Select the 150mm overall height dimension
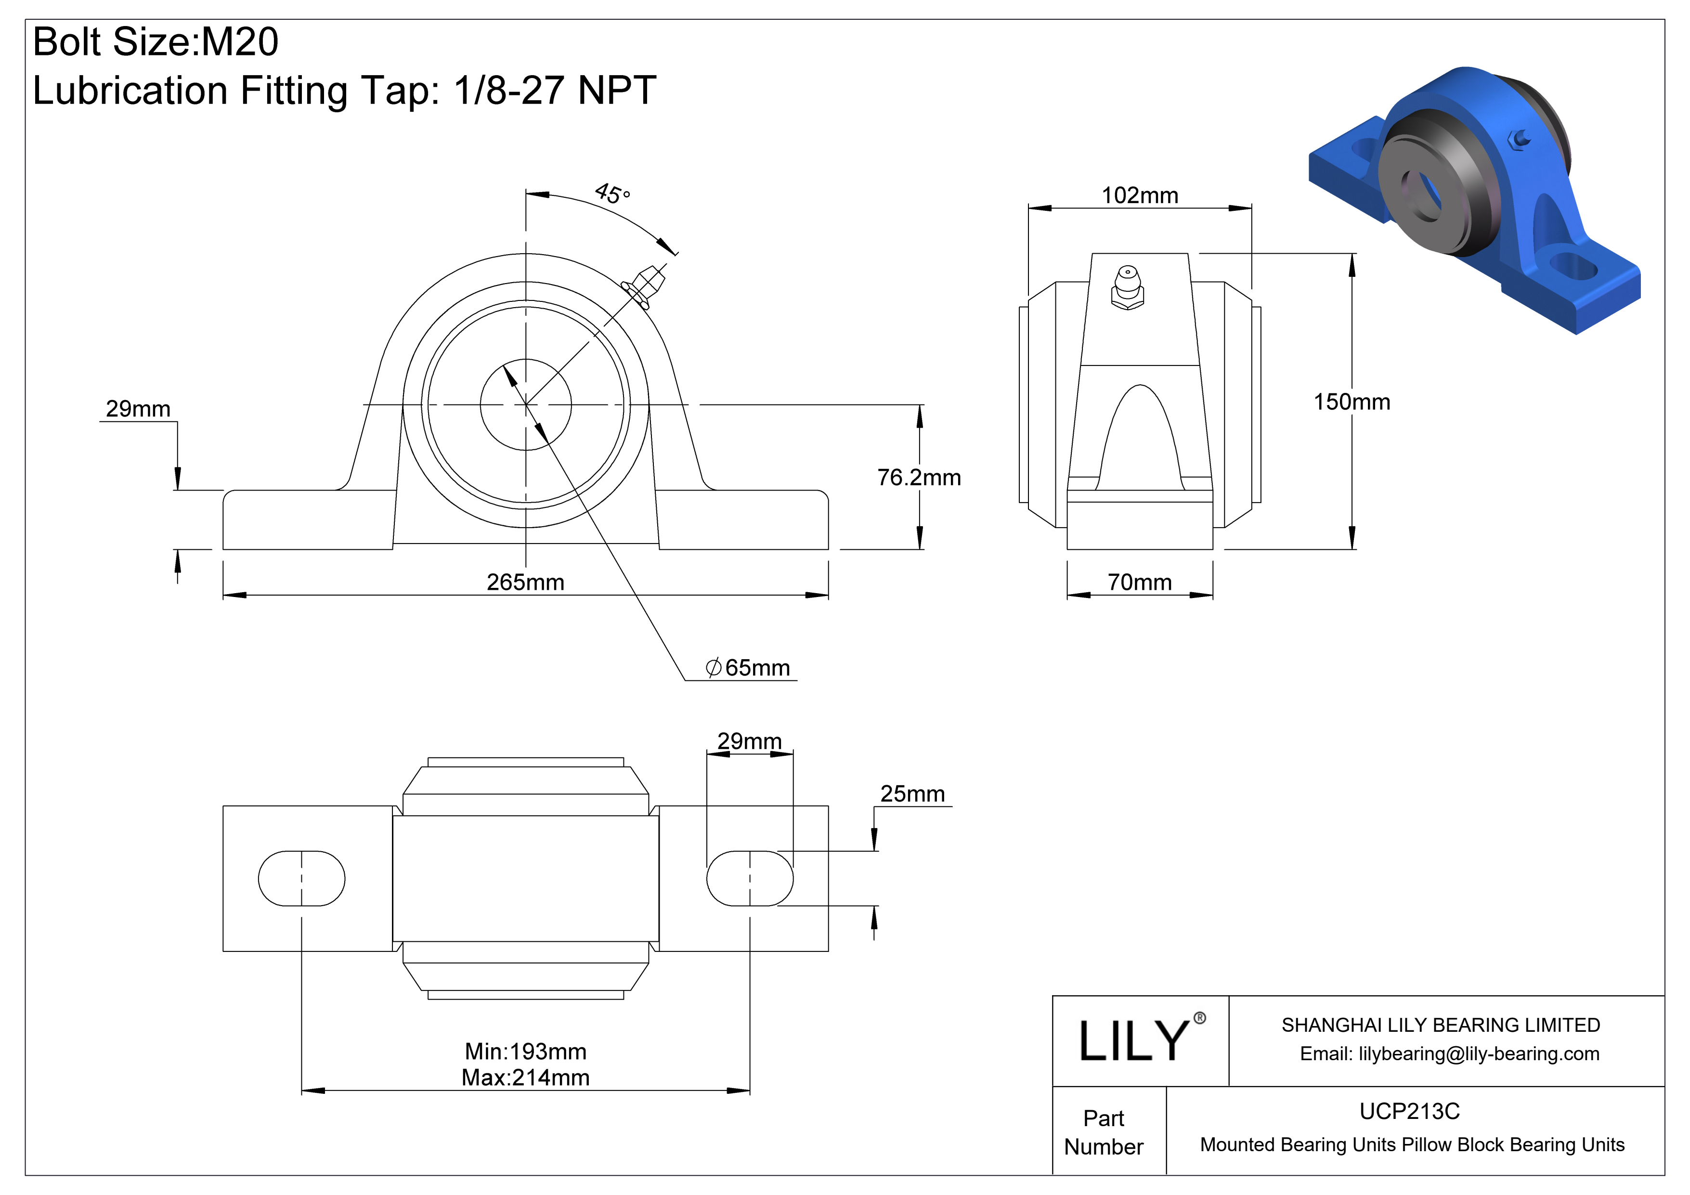coord(1352,402)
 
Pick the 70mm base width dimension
coord(1139,582)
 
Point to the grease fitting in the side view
coord(1127,288)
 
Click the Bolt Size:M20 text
coord(156,42)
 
